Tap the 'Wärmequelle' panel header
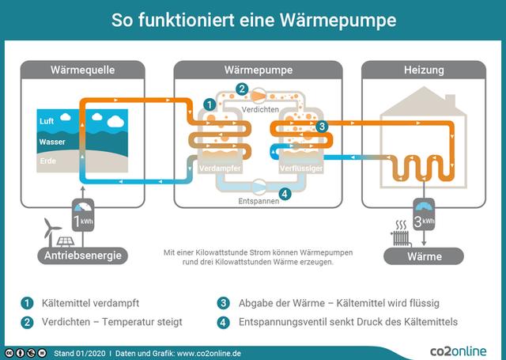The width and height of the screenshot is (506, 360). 82,70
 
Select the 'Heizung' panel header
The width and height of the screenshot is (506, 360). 423,70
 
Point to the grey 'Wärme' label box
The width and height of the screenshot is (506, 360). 424,256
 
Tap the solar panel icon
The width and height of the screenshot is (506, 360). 65,241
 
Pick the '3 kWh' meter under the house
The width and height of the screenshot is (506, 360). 425,218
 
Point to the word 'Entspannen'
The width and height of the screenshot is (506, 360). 258,201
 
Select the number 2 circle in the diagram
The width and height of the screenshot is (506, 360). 242,89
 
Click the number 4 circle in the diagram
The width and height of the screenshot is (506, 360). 285,193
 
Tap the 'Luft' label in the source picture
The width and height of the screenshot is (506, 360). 47,121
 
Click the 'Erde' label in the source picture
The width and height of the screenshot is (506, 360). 47,161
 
